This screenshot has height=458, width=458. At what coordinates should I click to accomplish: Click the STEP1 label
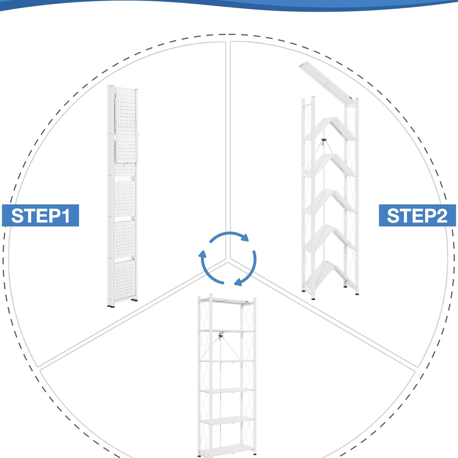click(x=40, y=216)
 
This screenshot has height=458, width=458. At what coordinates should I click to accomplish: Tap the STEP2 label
click(x=417, y=216)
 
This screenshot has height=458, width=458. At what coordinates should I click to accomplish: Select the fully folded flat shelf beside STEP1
click(x=123, y=196)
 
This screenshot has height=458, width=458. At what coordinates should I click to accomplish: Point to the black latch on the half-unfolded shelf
click(x=324, y=141)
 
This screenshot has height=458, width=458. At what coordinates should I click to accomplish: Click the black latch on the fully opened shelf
click(x=220, y=336)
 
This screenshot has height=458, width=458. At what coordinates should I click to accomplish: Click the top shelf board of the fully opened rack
click(x=227, y=301)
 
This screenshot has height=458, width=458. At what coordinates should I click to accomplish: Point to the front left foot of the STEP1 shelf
click(x=111, y=306)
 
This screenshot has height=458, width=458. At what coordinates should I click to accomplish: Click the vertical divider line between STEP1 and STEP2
click(x=228, y=150)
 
